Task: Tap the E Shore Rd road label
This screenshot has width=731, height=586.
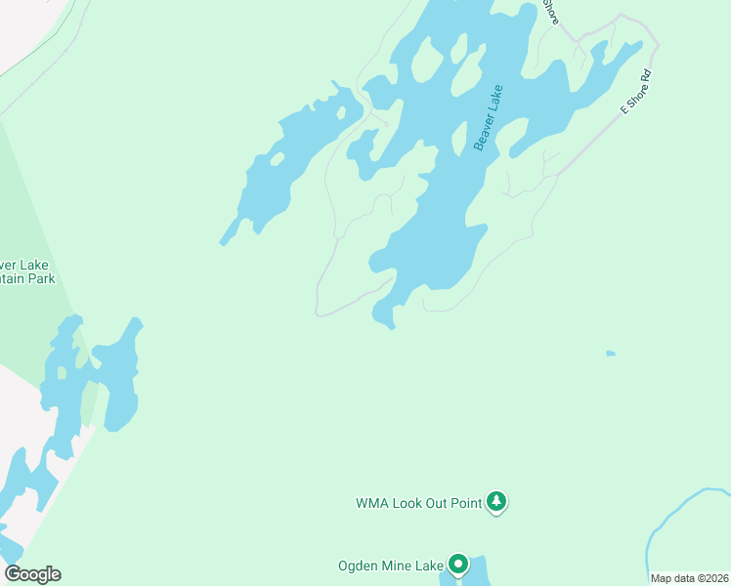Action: pyautogui.click(x=635, y=94)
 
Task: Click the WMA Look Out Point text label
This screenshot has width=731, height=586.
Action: pyautogui.click(x=418, y=504)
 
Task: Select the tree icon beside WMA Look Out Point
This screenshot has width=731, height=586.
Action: pyautogui.click(x=497, y=502)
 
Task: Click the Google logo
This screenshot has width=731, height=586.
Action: pyautogui.click(x=32, y=574)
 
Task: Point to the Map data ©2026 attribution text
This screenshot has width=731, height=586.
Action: pyautogui.click(x=690, y=578)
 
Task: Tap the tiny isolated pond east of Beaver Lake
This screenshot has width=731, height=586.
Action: pyautogui.click(x=611, y=353)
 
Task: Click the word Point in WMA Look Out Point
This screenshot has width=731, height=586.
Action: pyautogui.click(x=463, y=504)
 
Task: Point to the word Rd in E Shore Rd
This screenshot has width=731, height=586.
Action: pyautogui.click(x=645, y=77)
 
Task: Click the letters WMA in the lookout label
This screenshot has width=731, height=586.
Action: pyautogui.click(x=371, y=504)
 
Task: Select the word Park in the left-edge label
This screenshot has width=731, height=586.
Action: pyautogui.click(x=41, y=278)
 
